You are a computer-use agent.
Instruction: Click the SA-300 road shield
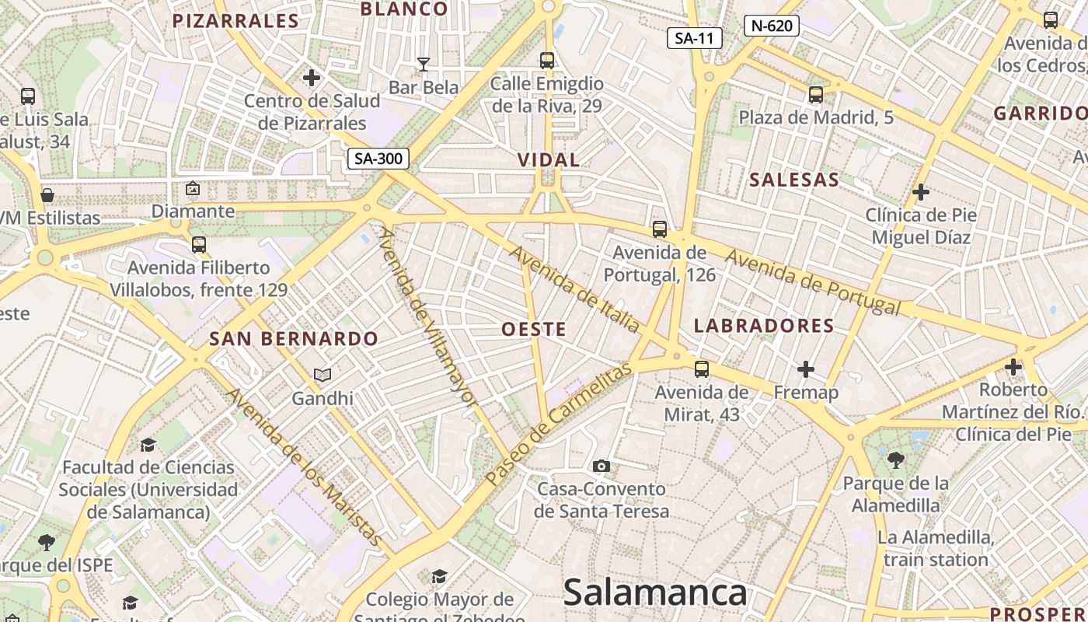378,159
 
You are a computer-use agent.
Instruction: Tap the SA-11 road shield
695,38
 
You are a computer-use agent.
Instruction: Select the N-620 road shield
772,26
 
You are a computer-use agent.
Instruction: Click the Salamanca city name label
654,593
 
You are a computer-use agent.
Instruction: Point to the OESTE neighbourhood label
534,329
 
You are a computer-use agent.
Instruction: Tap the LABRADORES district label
763,326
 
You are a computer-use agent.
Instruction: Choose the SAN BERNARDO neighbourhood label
294,339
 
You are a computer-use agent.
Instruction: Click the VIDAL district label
549,160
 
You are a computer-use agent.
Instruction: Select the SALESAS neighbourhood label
794,180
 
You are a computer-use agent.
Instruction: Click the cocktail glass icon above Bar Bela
424,64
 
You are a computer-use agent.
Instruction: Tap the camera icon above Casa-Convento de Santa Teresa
601,466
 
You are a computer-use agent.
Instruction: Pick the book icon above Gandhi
323,376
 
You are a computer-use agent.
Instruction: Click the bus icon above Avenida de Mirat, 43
702,369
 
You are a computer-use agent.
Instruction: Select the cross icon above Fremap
806,369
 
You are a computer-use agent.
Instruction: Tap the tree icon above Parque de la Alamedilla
896,460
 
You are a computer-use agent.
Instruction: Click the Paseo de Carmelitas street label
557,424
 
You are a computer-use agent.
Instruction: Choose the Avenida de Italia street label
574,289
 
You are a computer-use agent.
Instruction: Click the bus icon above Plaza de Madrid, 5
815,95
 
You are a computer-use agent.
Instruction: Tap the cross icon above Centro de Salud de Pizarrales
312,78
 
